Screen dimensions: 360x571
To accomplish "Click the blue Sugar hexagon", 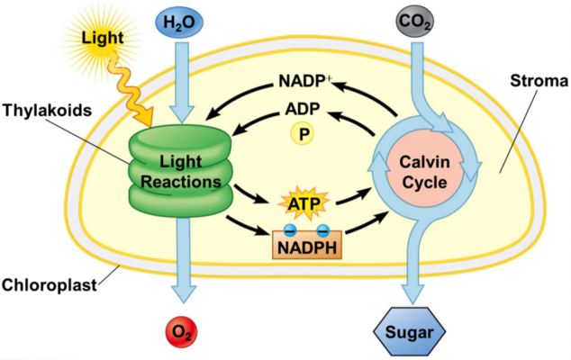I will pyautogui.click(x=411, y=335).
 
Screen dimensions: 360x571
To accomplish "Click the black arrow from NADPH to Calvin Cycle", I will pyautogui.click(x=365, y=227).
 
